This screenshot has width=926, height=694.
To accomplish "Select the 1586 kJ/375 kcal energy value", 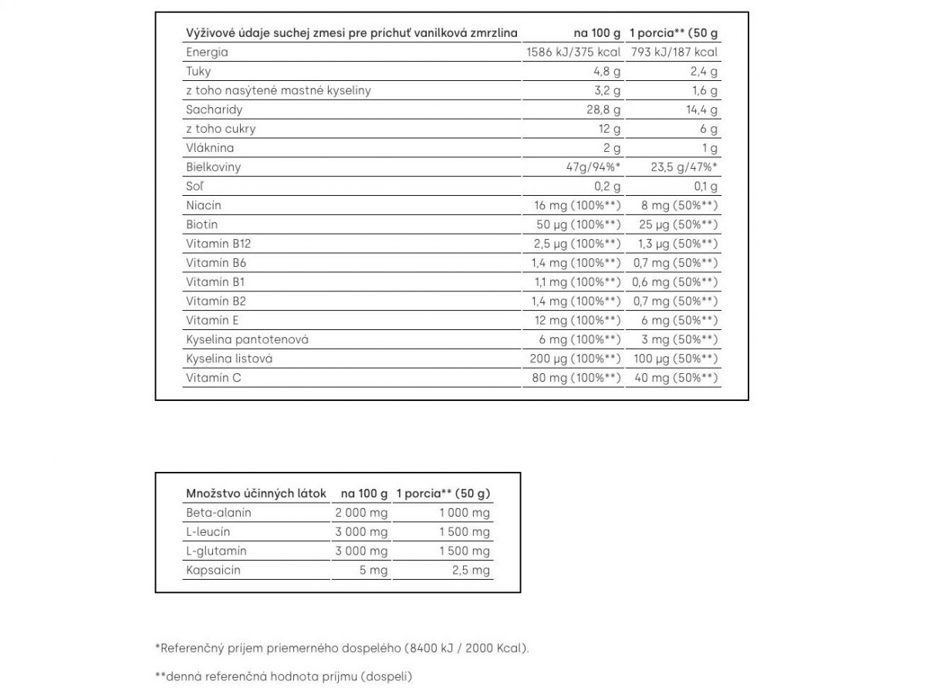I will tap(573, 52).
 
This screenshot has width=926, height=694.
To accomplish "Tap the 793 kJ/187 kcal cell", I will tap(674, 52).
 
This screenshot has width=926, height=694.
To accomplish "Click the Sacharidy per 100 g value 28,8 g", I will tap(603, 109).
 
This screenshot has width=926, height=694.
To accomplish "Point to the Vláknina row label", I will tap(210, 148).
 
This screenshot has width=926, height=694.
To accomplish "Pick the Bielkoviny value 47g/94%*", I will tap(594, 167).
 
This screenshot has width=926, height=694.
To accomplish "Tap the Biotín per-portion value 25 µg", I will tap(673, 224).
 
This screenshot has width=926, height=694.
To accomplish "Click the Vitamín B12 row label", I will tap(218, 244).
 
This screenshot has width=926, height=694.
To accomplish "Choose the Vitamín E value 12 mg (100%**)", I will tap(577, 320).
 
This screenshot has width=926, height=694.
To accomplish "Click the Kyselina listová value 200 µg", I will tap(575, 359).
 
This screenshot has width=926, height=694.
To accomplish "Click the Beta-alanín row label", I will tap(218, 513).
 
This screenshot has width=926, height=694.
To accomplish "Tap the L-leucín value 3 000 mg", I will tap(361, 532).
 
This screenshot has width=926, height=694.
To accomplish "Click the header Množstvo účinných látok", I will tap(256, 494).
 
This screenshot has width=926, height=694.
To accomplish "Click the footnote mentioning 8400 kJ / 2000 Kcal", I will tap(343, 649).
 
